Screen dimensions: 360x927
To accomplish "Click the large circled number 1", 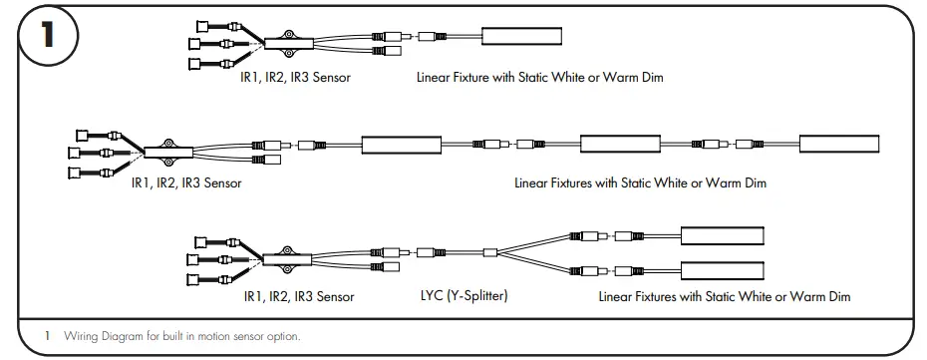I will (47, 38).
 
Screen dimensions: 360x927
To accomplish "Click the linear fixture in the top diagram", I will (522, 37).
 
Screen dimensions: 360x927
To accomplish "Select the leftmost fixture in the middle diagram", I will (403, 143).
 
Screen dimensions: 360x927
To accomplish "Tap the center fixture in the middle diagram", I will (621, 143).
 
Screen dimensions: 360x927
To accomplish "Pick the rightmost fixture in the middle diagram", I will (838, 143).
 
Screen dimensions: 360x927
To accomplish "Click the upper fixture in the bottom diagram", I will (722, 236).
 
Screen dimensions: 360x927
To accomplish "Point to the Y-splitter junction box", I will (488, 252).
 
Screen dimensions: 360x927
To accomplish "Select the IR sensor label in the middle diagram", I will (186, 182).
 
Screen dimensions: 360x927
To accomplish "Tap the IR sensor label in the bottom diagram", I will (298, 296).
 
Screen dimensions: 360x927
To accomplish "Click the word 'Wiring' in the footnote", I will (80, 336).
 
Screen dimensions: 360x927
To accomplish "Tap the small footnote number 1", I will (47, 336).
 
